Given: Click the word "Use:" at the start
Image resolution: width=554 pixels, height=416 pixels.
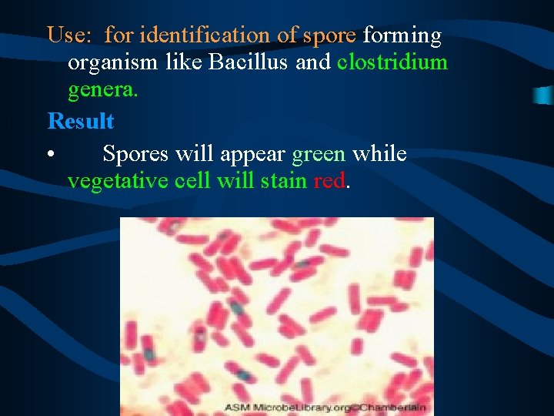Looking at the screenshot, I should click(x=71, y=35).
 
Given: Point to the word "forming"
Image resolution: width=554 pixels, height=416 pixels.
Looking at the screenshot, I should click(x=402, y=35).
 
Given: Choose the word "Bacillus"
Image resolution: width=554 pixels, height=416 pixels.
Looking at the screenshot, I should click(x=249, y=62).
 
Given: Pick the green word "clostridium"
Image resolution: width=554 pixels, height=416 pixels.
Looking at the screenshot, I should click(x=392, y=62).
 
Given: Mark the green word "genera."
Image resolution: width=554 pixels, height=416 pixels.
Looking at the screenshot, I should click(x=103, y=91).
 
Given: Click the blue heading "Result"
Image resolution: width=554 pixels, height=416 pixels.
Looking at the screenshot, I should click(x=81, y=121).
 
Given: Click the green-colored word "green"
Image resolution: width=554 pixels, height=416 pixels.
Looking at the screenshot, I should click(x=319, y=154).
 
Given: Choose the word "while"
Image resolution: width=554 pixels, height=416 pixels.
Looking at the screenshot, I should click(x=379, y=154).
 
